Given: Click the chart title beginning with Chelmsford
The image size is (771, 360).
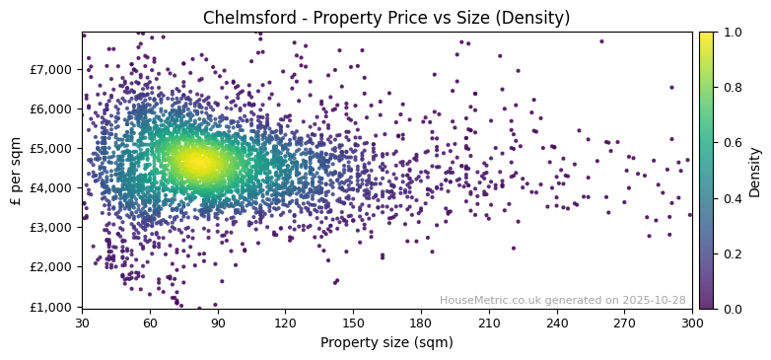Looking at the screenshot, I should click(x=386, y=18).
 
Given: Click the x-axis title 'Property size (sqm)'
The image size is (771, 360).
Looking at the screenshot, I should click(x=386, y=342).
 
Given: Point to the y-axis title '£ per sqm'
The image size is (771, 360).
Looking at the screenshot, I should click(x=16, y=170).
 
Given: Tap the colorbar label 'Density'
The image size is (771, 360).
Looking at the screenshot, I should click(x=754, y=170).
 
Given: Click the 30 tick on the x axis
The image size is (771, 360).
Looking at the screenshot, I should click(x=82, y=322).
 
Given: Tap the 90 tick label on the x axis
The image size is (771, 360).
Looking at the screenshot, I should click(x=218, y=322).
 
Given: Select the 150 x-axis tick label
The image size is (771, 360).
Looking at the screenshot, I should click(x=353, y=322).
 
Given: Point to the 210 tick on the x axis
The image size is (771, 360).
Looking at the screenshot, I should click(x=489, y=322).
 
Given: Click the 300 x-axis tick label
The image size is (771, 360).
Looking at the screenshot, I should click(x=692, y=322).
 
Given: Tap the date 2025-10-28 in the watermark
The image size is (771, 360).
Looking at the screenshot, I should click(x=655, y=300).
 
